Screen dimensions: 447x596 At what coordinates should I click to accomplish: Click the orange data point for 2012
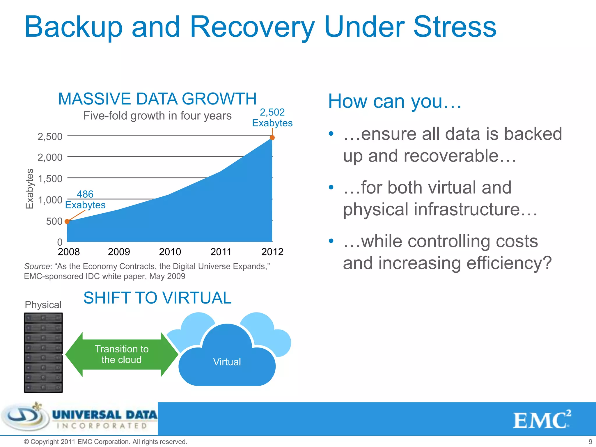pos(272,138)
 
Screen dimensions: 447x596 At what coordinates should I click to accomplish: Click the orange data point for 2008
pos(67,221)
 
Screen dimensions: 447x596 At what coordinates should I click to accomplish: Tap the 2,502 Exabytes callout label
pos(272,118)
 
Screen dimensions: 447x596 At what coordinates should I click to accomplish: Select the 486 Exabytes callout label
pos(85,200)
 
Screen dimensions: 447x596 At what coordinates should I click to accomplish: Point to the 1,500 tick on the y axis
pos(50,178)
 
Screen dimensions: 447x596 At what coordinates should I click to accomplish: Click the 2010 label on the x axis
pos(170,252)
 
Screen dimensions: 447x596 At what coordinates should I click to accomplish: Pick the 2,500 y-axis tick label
pos(50,136)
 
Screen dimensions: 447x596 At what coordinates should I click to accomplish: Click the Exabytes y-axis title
pos(30,189)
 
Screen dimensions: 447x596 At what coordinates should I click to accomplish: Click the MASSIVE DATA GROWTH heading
pos(157,99)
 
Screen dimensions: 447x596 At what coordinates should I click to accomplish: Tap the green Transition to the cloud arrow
pos(122,354)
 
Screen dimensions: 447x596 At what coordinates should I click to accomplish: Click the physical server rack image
pos(43,353)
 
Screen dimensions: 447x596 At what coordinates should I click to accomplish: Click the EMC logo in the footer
pos(541,420)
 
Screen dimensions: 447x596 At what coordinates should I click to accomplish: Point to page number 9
pos(590,441)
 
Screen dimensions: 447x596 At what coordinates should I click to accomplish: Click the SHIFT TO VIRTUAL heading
pos(157,298)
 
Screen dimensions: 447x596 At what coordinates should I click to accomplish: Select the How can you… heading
pos(395,101)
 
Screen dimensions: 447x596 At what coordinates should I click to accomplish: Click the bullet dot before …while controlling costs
pos(331,241)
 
